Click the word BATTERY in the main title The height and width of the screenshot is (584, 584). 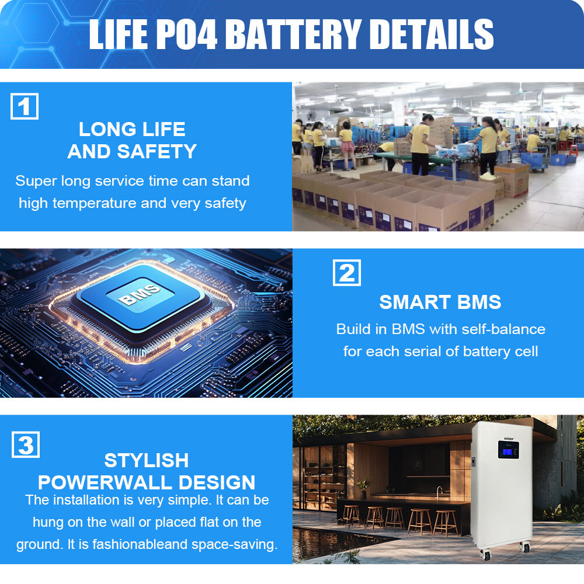point(294,34)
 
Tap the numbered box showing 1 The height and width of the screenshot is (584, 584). point(25,106)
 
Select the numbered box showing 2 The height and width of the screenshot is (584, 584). point(347,273)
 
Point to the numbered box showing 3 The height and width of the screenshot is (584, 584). point(26,444)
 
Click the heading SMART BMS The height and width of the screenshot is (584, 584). point(440,302)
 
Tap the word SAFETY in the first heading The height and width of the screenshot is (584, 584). point(157,151)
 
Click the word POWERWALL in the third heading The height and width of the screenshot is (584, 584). point(105,482)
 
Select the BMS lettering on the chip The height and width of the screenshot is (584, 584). point(139,294)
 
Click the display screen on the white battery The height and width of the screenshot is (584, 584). point(509,450)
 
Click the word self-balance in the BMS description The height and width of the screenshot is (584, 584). point(503,329)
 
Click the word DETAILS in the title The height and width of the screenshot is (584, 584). point(432,34)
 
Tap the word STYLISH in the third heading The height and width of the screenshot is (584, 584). point(147,460)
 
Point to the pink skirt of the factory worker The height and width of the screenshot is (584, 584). point(347,147)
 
